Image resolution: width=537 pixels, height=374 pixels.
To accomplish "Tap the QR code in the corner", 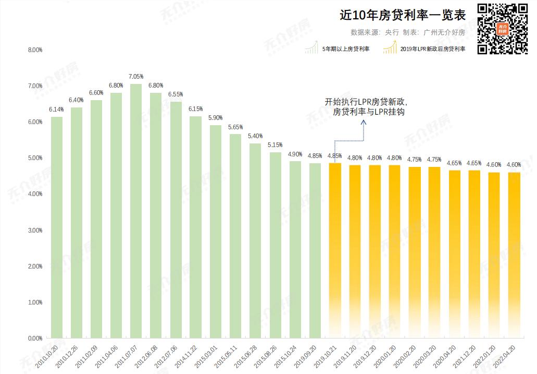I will pyautogui.click(x=503, y=29).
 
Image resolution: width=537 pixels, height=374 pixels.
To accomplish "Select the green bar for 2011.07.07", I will pyautogui.click(x=136, y=211).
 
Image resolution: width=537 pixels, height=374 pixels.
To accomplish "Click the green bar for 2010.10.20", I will pyautogui.click(x=56, y=227).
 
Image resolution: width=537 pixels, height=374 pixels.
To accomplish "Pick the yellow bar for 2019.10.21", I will pyautogui.click(x=334, y=250).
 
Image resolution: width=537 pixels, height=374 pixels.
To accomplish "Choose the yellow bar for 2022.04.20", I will pyautogui.click(x=514, y=255).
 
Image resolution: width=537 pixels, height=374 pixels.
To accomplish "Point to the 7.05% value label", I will pyautogui.click(x=136, y=77).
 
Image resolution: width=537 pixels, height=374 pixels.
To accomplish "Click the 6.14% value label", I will pyautogui.click(x=56, y=110).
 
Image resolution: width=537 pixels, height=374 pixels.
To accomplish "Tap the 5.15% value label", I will pyautogui.click(x=275, y=145).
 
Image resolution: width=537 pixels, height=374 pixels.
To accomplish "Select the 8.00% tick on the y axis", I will pyautogui.click(x=34, y=50).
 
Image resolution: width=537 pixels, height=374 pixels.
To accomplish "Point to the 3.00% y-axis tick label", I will pyautogui.click(x=34, y=231).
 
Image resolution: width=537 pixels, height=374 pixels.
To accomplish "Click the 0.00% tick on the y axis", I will pyautogui.click(x=34, y=339).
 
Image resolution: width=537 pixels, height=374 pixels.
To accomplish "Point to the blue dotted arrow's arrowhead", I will pyautogui.click(x=364, y=122).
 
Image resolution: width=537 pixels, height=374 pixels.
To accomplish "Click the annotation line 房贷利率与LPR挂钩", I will pyautogui.click(x=369, y=112).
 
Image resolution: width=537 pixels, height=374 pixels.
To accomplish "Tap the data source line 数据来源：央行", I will pyautogui.click(x=375, y=32).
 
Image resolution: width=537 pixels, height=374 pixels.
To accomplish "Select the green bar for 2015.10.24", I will pyautogui.click(x=295, y=249).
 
